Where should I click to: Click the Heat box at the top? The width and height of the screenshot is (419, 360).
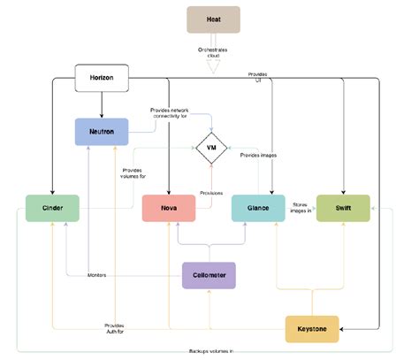pyautogui.click(x=213, y=19)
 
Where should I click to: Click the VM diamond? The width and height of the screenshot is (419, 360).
pyautogui.click(x=211, y=147)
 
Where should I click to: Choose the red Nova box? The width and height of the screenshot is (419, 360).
pyautogui.click(x=170, y=208)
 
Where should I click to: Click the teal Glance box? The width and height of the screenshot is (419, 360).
pyautogui.click(x=258, y=208)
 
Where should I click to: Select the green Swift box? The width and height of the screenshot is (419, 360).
pyautogui.click(x=343, y=208)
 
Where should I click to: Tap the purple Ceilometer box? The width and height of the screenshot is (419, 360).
pyautogui.click(x=209, y=275)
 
